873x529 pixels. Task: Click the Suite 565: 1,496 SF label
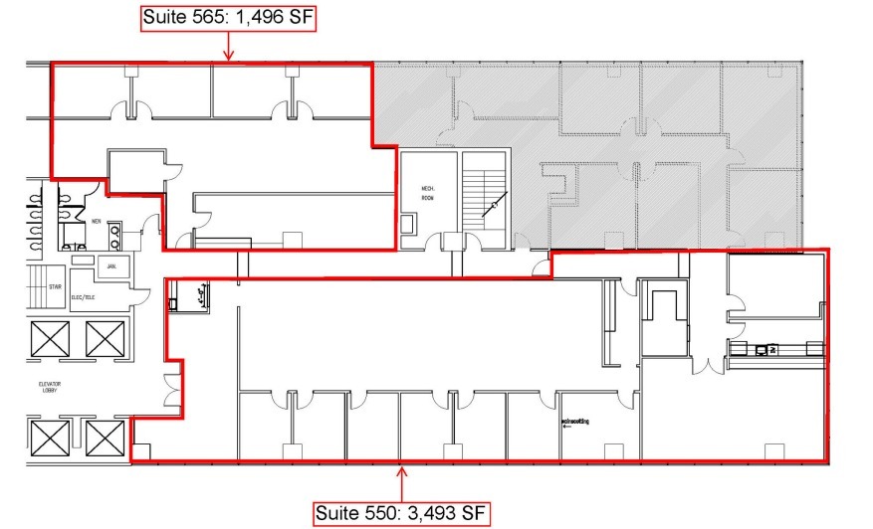pyautogui.click(x=229, y=17)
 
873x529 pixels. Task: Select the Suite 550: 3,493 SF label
pyautogui.click(x=402, y=513)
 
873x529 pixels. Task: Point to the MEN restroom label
pyautogui.click(x=97, y=221)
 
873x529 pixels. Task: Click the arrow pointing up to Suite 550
pyautogui.click(x=402, y=482)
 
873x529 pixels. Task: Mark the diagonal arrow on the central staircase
pyautogui.click(x=492, y=206)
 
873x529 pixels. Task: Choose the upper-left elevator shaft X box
pyautogui.click(x=49, y=339)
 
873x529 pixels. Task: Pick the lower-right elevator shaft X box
pyautogui.click(x=104, y=437)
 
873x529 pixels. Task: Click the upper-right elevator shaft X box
pyautogui.click(x=104, y=339)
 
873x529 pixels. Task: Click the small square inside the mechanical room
pyautogui.click(x=409, y=224)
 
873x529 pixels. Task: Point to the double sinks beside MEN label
pyautogui.click(x=115, y=235)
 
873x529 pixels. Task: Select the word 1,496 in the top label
pyautogui.click(x=263, y=17)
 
